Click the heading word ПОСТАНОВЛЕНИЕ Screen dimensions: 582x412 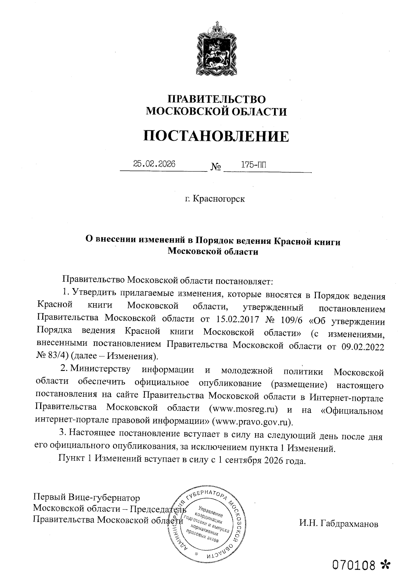coord(216,136)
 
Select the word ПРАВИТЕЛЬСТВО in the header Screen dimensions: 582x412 coord(216,99)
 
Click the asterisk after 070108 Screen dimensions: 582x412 coord(386,564)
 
